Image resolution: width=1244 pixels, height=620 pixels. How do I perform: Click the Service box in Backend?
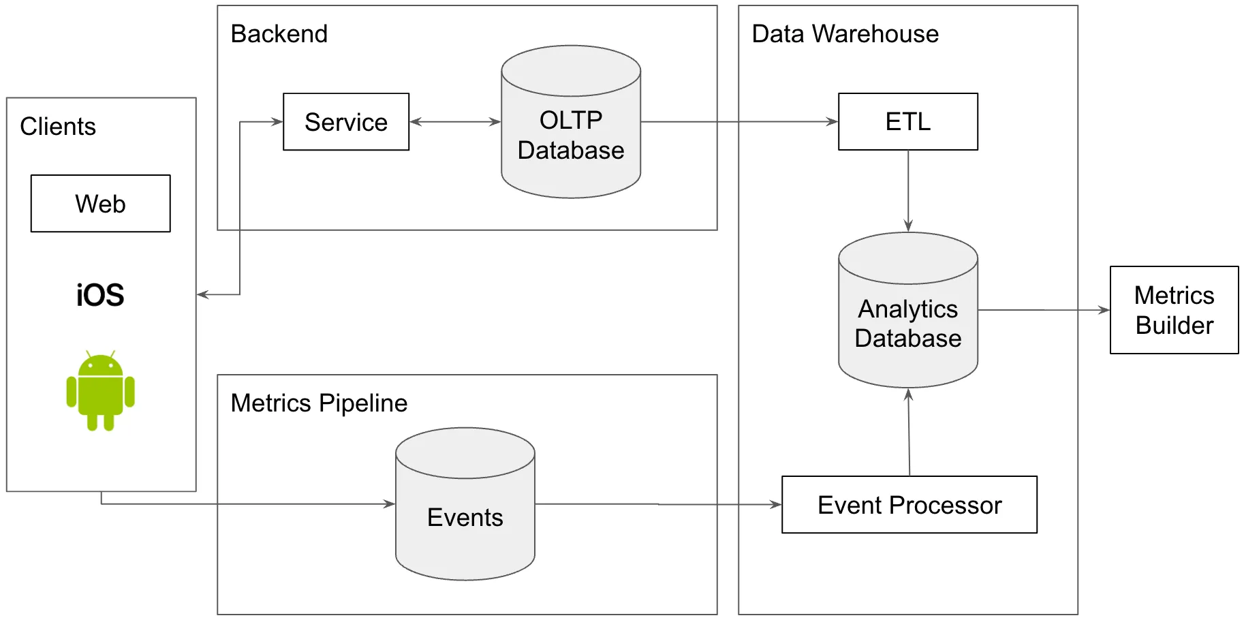(x=346, y=122)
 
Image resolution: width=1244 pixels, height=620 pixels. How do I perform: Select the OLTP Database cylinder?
(x=571, y=136)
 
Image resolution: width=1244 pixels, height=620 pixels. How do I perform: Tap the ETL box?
(x=907, y=122)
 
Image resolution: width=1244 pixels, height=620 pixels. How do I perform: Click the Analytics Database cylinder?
(x=907, y=324)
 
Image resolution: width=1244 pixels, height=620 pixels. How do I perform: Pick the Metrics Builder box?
(x=1174, y=310)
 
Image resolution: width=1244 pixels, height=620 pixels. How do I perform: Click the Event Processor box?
(x=909, y=505)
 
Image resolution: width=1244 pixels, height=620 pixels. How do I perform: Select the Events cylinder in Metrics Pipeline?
(x=465, y=517)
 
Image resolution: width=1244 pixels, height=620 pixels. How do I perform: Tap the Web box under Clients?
(x=101, y=204)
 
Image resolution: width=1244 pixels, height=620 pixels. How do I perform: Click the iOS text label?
(x=100, y=295)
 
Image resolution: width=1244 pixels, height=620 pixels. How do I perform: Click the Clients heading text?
(x=58, y=127)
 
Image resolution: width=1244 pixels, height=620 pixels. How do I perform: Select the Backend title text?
(x=279, y=34)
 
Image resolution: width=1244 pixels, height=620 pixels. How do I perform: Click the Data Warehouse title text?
(x=845, y=34)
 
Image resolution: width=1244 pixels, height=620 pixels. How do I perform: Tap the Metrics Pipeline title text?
(x=319, y=403)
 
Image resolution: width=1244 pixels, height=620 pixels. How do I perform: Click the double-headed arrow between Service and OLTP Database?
(x=455, y=122)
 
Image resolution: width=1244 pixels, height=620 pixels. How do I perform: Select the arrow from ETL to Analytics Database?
(x=908, y=191)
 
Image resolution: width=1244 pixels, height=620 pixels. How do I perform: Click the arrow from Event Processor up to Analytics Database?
(x=909, y=433)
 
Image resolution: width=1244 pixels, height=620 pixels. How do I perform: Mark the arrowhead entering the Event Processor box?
(x=776, y=505)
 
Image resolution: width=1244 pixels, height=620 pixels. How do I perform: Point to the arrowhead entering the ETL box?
(x=833, y=122)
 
